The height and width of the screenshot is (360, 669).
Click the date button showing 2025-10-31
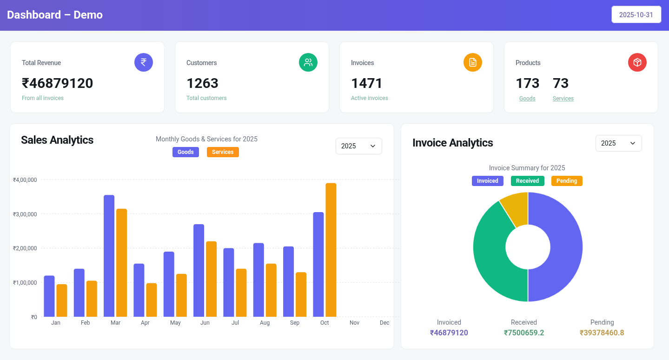tap(636, 14)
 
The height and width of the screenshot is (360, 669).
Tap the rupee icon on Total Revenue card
tap(144, 62)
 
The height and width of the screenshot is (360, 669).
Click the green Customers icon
tap(308, 62)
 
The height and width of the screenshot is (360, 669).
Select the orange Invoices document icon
tap(473, 62)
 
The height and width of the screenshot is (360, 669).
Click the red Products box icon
tap(637, 62)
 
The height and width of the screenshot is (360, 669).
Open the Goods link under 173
tap(527, 99)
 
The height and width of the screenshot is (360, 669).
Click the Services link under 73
tap(563, 99)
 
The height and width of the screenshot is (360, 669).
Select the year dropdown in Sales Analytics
tap(358, 146)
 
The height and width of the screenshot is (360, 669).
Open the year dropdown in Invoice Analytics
tap(618, 143)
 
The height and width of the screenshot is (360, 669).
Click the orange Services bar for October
tap(331, 250)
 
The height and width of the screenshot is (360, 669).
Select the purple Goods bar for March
tap(109, 256)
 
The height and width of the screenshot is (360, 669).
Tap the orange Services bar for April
tap(152, 300)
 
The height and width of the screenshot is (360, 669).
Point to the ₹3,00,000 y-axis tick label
tap(25, 214)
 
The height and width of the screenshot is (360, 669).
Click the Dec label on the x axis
tap(384, 323)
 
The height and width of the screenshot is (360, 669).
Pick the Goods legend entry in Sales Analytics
tap(185, 152)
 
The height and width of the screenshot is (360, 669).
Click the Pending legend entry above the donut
tap(566, 181)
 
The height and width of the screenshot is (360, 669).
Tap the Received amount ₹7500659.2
tap(524, 333)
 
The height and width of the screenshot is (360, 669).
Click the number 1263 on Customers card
tap(202, 83)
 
